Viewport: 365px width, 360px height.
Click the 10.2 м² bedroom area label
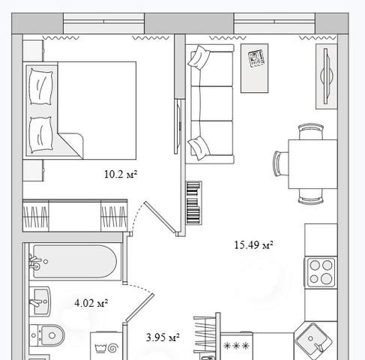121,174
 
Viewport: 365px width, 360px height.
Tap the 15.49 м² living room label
253,245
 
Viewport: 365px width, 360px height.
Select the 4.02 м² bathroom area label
91,303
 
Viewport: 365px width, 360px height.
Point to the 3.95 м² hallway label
163,337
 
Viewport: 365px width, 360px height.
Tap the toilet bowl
47,335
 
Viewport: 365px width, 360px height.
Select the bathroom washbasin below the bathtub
40,301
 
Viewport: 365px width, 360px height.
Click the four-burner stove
321,271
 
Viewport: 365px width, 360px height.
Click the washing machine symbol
106,346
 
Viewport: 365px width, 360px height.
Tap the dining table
313,164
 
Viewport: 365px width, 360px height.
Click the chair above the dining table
311,131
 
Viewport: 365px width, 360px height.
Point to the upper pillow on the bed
41,86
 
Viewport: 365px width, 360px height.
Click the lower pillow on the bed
40,135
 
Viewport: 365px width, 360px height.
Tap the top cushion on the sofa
199,57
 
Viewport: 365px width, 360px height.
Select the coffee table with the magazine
254,68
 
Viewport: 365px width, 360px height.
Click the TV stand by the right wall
327,76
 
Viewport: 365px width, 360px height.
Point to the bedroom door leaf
160,218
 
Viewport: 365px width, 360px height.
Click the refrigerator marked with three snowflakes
236,346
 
